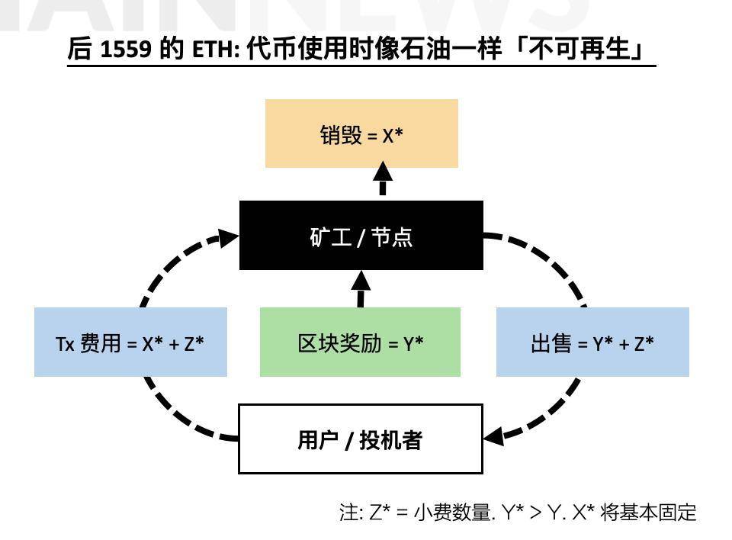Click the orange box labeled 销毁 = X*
[361, 133]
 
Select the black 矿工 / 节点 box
[361, 236]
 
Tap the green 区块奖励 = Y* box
[360, 342]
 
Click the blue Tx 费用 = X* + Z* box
[130, 342]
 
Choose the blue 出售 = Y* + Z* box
[592, 342]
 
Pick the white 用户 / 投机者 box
[361, 439]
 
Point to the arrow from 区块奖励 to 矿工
[361, 288]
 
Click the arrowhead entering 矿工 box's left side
[228, 235]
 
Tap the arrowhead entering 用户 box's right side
[495, 437]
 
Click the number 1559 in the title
[125, 50]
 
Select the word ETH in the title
[222, 50]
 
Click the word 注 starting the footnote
[348, 513]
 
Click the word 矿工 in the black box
[329, 236]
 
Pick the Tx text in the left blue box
[65, 343]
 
